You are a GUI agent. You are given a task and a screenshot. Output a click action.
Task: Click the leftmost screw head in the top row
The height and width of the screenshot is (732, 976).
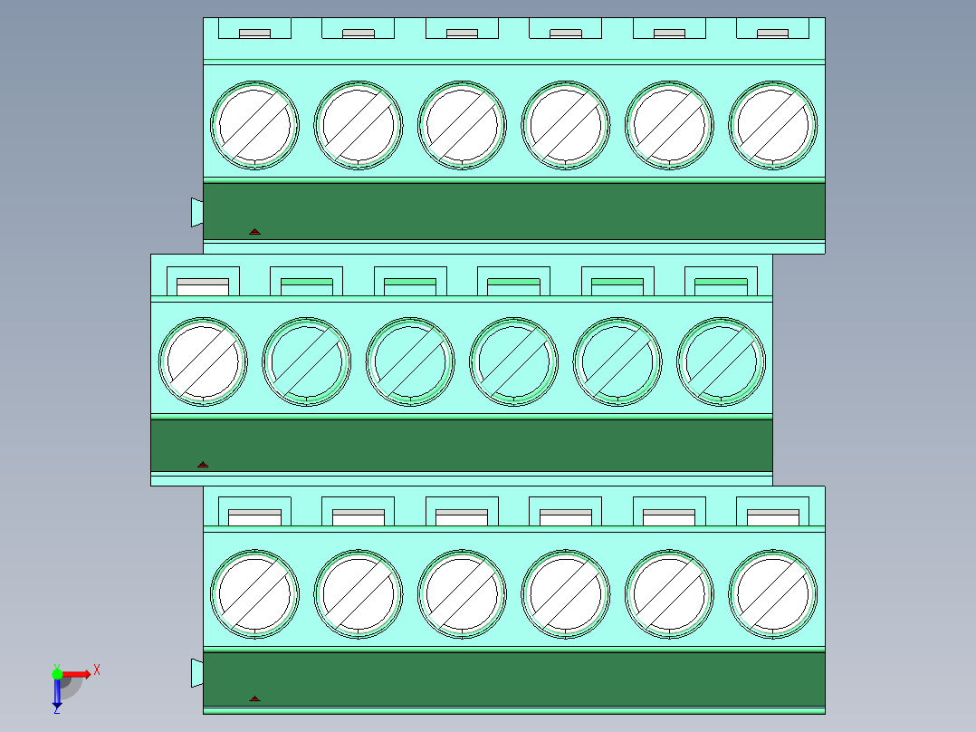tap(254, 125)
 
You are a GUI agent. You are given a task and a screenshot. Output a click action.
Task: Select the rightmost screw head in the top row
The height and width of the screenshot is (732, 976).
tap(772, 125)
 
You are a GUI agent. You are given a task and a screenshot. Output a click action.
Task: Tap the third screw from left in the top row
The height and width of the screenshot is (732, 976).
tap(462, 125)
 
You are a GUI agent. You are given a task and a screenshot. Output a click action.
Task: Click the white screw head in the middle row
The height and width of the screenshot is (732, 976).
tap(203, 362)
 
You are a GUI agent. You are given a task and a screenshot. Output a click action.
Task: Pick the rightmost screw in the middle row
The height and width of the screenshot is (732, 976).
tap(721, 362)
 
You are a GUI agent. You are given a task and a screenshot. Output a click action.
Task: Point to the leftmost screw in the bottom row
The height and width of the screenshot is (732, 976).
tap(254, 593)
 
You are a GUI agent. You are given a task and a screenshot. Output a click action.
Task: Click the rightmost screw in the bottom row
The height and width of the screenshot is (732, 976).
tap(772, 593)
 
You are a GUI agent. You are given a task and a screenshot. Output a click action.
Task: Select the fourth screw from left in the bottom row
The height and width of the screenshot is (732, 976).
tap(565, 593)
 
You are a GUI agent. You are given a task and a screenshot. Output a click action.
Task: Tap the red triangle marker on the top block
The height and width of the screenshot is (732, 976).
tap(254, 232)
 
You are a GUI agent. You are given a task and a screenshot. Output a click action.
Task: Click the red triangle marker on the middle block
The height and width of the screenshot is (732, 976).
tap(203, 465)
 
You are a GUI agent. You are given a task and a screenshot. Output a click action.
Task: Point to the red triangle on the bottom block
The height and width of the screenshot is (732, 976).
tap(254, 699)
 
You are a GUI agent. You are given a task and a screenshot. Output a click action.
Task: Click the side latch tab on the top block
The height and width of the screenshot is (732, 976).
tap(196, 212)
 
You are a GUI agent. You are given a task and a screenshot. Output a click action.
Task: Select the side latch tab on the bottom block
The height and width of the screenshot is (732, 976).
tap(196, 673)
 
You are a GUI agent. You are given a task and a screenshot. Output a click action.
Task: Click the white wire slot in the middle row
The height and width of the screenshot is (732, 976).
tap(203, 286)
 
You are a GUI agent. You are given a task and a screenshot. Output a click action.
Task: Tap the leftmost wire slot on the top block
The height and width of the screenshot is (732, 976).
tap(254, 34)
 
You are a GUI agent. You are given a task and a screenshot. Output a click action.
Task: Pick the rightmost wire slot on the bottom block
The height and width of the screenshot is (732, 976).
tap(772, 517)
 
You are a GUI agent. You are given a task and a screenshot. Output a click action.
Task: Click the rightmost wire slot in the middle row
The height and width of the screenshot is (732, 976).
tap(721, 286)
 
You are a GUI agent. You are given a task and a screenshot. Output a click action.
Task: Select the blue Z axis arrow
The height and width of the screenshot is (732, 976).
tap(57, 693)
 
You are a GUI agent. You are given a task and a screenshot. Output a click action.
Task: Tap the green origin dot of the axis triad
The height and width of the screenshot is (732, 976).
tap(57, 673)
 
